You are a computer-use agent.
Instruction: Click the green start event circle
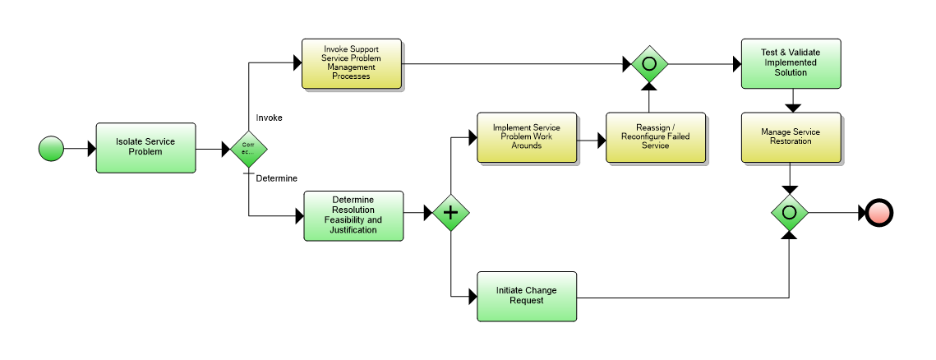(x=51, y=149)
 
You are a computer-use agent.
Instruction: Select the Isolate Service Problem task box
(x=145, y=148)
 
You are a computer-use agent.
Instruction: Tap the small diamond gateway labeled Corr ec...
(x=248, y=149)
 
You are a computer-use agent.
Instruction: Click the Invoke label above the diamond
(x=270, y=118)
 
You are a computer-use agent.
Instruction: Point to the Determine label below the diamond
(x=277, y=178)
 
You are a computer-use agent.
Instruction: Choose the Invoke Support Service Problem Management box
(x=351, y=63)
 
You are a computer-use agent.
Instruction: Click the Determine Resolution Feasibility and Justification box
(x=353, y=215)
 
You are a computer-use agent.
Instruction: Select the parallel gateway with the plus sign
(x=450, y=213)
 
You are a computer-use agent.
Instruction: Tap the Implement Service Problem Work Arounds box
(x=527, y=137)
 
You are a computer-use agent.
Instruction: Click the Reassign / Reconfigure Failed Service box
(x=656, y=137)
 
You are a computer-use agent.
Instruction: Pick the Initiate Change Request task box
(x=527, y=296)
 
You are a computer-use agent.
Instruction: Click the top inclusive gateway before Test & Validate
(x=648, y=63)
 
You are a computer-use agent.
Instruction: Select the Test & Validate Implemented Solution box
(x=791, y=63)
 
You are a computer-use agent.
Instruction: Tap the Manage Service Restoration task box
(x=791, y=137)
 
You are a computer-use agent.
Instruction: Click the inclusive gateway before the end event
(x=790, y=213)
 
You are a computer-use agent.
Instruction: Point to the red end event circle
(x=878, y=213)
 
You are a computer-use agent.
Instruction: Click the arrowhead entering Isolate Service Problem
(x=91, y=149)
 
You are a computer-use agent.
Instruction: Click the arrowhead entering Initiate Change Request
(x=473, y=296)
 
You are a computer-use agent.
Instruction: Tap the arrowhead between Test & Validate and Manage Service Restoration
(x=791, y=107)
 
